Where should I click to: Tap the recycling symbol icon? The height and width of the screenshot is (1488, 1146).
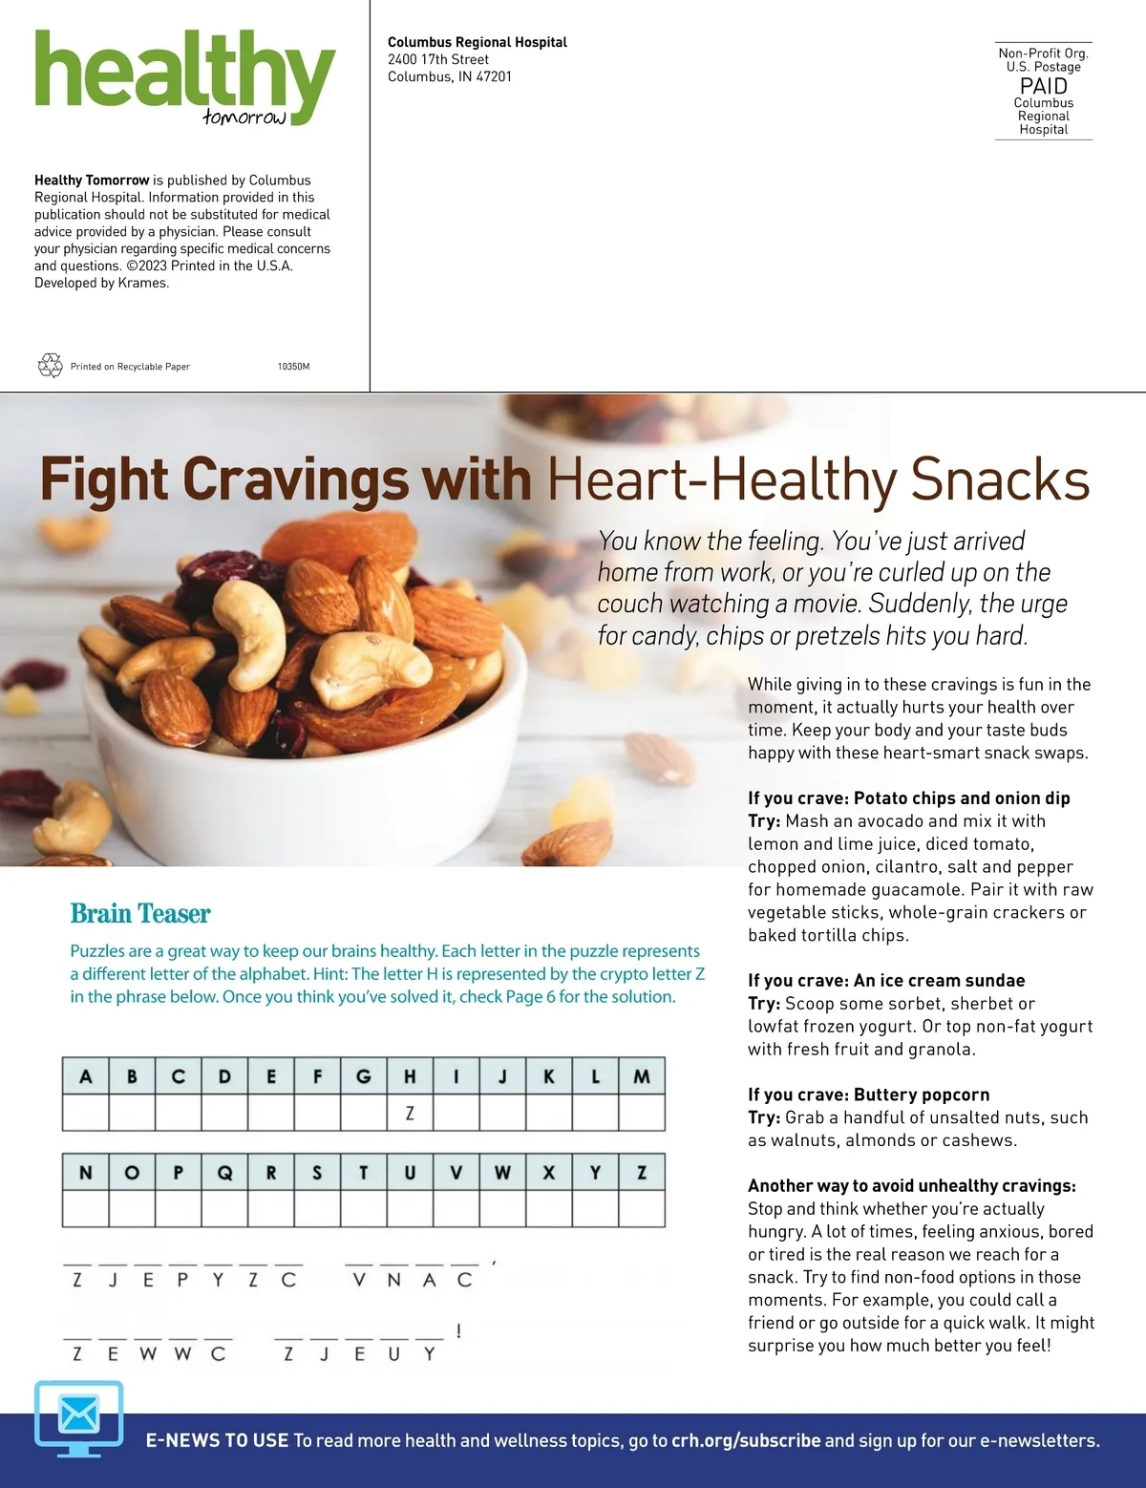click(50, 366)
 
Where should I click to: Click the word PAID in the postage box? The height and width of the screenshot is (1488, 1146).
click(1043, 85)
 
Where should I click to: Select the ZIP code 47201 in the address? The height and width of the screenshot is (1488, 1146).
click(494, 76)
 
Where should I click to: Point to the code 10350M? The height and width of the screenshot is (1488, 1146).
click(293, 367)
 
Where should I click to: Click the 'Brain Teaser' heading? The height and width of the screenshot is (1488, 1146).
click(140, 914)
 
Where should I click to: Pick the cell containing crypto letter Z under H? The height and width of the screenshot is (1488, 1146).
click(410, 1113)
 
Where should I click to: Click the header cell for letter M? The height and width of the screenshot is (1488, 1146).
click(641, 1076)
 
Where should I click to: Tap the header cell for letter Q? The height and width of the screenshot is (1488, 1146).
click(224, 1173)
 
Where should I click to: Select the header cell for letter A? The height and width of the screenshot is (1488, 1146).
click(86, 1076)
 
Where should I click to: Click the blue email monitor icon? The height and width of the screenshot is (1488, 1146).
click(79, 1416)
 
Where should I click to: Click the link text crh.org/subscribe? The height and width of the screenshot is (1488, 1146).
click(746, 1440)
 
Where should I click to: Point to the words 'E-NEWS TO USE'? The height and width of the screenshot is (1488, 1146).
click(217, 1440)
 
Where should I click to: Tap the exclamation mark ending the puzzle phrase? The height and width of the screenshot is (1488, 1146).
click(459, 1331)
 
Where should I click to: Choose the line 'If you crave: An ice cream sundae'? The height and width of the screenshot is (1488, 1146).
click(886, 980)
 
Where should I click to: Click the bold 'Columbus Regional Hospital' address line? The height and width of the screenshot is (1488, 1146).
click(477, 42)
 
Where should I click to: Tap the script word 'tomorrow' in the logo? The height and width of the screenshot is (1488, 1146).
click(244, 117)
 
